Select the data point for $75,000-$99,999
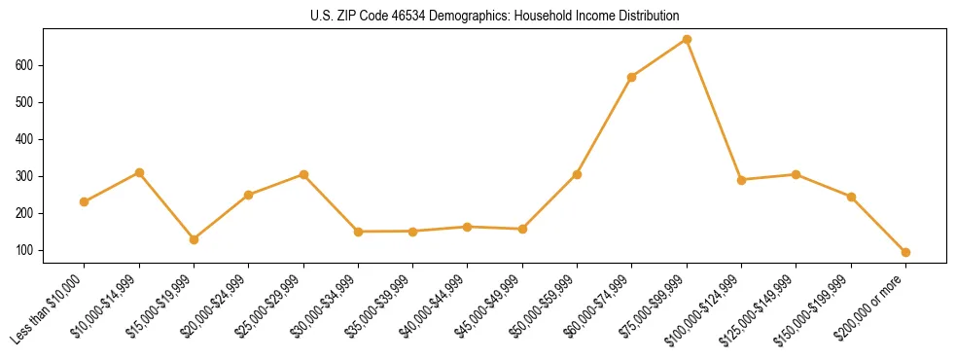point(687,40)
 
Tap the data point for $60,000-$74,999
point(632,77)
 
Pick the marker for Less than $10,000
point(85,201)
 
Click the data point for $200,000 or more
point(905,252)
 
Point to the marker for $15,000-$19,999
point(194,239)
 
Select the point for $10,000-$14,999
point(139,173)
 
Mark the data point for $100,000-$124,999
point(741,180)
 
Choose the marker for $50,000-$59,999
point(577,175)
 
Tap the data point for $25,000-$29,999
point(303,175)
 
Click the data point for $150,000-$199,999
point(851,198)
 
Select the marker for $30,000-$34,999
point(358,232)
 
